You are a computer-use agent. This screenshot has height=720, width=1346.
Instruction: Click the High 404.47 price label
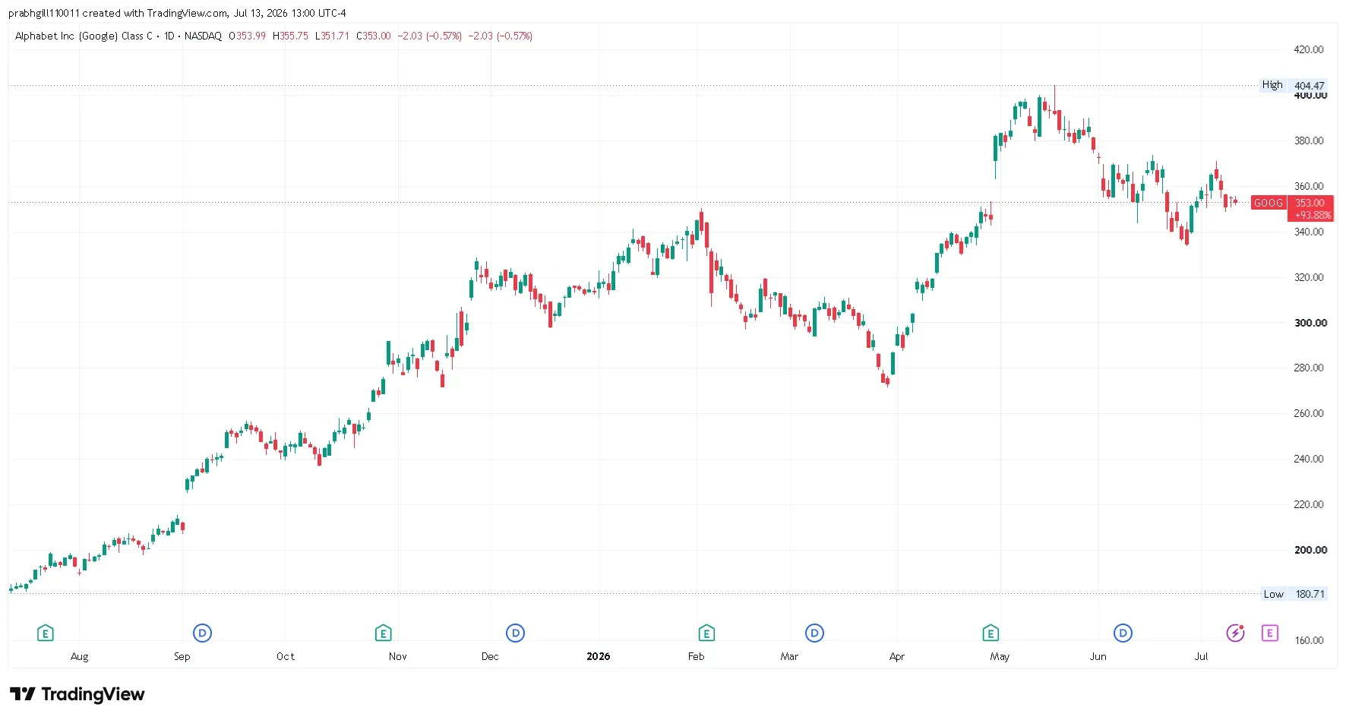[x=1293, y=85]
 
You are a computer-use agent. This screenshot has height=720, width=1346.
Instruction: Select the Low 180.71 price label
[x=1294, y=594]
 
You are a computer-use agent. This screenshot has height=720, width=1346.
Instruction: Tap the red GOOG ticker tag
[x=1269, y=203]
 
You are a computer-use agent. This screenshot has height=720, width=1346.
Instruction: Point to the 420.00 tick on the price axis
[x=1309, y=49]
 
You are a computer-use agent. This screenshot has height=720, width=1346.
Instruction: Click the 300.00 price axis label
[x=1310, y=323]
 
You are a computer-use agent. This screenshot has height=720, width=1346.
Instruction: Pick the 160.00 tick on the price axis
[x=1309, y=640]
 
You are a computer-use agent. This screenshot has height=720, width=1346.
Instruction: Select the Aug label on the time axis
[x=79, y=656]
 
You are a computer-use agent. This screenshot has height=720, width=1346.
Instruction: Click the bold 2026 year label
[x=599, y=656]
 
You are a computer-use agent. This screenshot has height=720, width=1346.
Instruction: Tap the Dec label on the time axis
[x=490, y=656]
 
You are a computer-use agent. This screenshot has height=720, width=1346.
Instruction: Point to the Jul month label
[x=1201, y=656]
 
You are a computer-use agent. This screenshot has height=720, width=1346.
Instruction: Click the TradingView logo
[x=77, y=694]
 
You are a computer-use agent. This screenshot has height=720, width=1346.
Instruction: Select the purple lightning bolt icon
[x=1236, y=633]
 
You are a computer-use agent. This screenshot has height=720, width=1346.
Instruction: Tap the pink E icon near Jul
[x=1270, y=633]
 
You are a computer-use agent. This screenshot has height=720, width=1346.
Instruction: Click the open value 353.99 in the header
[x=251, y=36]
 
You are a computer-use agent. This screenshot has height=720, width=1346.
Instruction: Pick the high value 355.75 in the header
[x=294, y=36]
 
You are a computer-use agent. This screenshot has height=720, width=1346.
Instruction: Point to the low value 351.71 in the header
[x=335, y=36]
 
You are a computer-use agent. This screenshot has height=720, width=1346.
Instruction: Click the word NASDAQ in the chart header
[x=203, y=36]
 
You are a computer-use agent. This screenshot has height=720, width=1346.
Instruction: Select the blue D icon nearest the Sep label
[x=202, y=633]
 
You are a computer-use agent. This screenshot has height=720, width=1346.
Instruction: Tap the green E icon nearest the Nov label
[x=383, y=633]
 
